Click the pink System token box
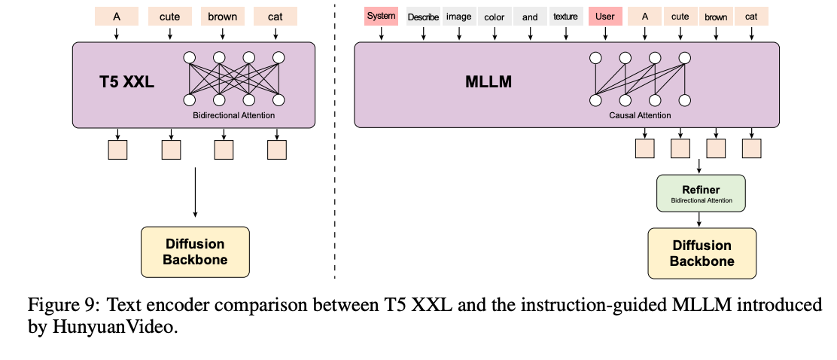pos(381,16)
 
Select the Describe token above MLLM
pos(422,17)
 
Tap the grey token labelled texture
pos(566,17)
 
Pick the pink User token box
pos(604,16)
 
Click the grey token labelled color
pos(495,17)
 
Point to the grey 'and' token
pos(530,17)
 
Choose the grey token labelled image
pos(458,17)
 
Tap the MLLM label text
pos(489,82)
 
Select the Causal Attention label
pos(639,116)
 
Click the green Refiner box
pos(701,194)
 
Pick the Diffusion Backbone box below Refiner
pos(702,254)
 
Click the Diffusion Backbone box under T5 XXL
pos(195,252)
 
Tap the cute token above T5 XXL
pos(169,16)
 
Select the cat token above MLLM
pos(751,16)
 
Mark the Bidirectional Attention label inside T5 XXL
pos(233,115)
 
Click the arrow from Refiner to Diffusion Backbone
pos(701,220)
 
